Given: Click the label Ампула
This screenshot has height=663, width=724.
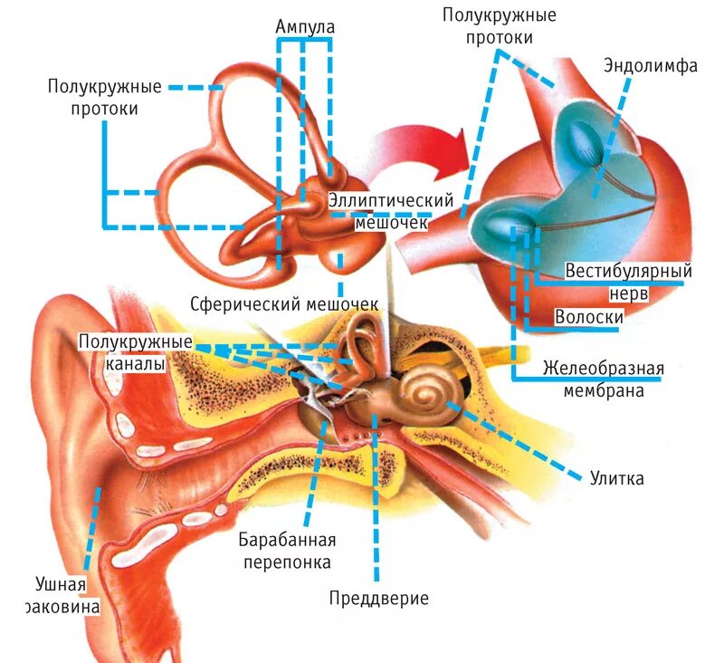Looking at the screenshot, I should coord(305,26).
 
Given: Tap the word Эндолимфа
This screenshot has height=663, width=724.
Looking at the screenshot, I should coord(651,66).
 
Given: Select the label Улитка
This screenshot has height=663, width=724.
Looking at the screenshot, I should coord(616,478).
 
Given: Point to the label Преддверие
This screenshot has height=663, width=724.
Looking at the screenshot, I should coord(378,599).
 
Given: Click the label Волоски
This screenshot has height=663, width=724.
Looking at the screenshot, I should coord(590,318).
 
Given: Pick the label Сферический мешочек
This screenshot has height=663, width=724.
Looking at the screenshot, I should coord(284,303).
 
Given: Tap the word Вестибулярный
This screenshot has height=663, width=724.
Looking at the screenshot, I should coord(628,271).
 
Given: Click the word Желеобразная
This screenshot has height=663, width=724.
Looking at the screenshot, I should coord(604,370).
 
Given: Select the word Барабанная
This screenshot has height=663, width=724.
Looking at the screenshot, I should coord(288,541).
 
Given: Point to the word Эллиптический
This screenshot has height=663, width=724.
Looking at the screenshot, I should coord(377,200).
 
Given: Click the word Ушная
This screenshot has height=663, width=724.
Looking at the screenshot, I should coord(61,584).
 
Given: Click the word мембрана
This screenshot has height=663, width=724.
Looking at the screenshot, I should coord(603,391).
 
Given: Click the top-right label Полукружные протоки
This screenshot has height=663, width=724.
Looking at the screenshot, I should coord(499,26).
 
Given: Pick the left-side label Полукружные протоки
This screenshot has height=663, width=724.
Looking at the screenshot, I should coord(106,98).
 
